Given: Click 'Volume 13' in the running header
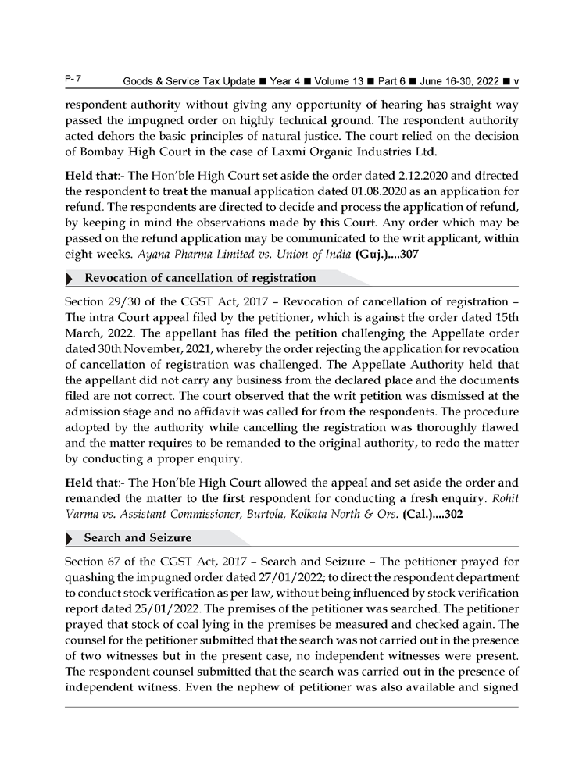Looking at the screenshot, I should (x=334, y=83).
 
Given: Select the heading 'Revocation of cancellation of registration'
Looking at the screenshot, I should (x=200, y=278).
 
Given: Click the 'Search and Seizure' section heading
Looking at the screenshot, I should (x=138, y=538).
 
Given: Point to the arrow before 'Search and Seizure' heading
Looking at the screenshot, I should (x=71, y=539).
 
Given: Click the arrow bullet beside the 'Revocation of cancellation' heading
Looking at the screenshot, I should (x=71, y=279).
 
